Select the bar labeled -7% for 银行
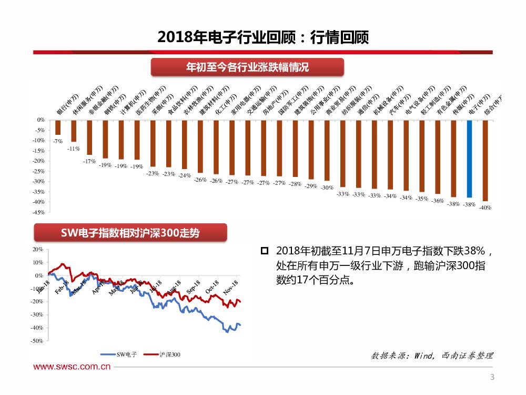coord(58,127)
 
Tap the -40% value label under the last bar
coord(485,208)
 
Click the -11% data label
coord(74,149)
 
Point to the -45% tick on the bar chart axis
coord(38,212)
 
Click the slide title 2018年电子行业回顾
coord(262,37)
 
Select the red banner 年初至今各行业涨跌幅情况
coord(247,67)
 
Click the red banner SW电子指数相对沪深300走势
coord(130,233)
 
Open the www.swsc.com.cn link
coord(72,367)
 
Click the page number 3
coord(492,377)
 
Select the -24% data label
coord(185,175)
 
